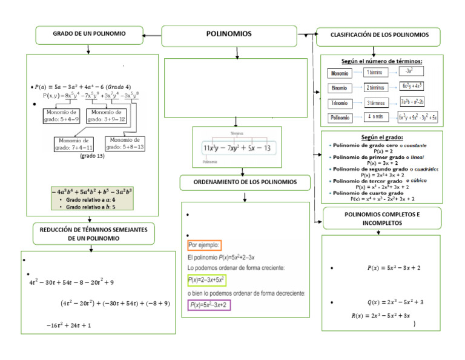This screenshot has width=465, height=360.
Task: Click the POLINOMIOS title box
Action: tap(229, 35)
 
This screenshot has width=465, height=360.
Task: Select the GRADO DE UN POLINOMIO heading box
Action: tap(90, 35)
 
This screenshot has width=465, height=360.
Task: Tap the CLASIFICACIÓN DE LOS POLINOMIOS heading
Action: tap(379, 35)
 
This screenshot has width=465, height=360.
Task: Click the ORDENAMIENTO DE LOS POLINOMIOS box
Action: tap(245, 182)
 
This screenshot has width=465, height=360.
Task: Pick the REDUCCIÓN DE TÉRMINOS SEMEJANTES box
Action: tap(93, 233)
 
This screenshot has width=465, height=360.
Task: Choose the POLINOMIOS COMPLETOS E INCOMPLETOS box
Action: tap(381, 219)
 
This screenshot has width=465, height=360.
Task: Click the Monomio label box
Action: tap(340, 73)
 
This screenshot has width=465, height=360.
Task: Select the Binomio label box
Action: tap(340, 88)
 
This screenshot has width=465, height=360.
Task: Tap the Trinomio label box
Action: tap(340, 104)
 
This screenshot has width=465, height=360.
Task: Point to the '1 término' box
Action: tap(375, 73)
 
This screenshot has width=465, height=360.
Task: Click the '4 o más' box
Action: tap(375, 117)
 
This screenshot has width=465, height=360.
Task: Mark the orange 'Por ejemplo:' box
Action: tap(205, 245)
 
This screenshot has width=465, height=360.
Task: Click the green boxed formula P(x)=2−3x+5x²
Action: tap(206, 280)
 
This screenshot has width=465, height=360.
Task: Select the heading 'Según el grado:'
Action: tap(381, 138)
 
